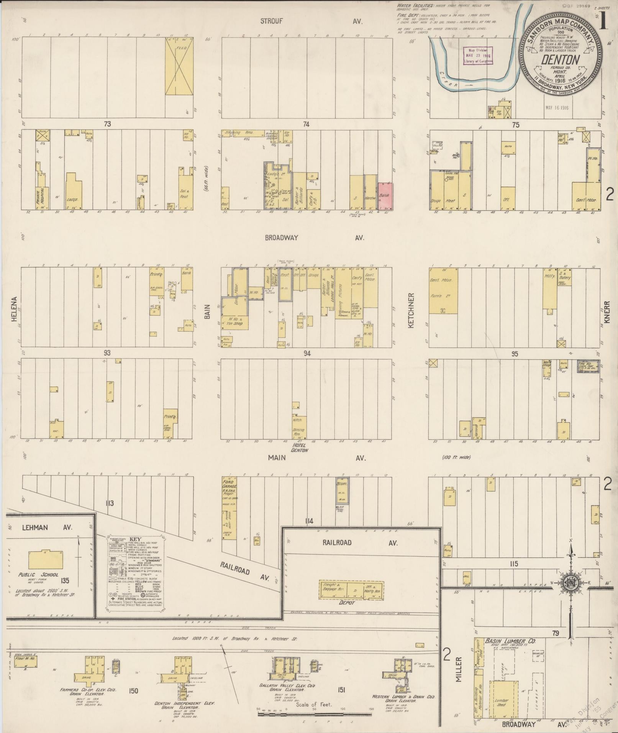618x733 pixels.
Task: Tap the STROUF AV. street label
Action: (271, 21)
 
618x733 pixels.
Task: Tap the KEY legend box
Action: (134, 572)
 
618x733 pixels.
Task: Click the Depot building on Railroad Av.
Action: (351, 590)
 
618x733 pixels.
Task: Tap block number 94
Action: (307, 353)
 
